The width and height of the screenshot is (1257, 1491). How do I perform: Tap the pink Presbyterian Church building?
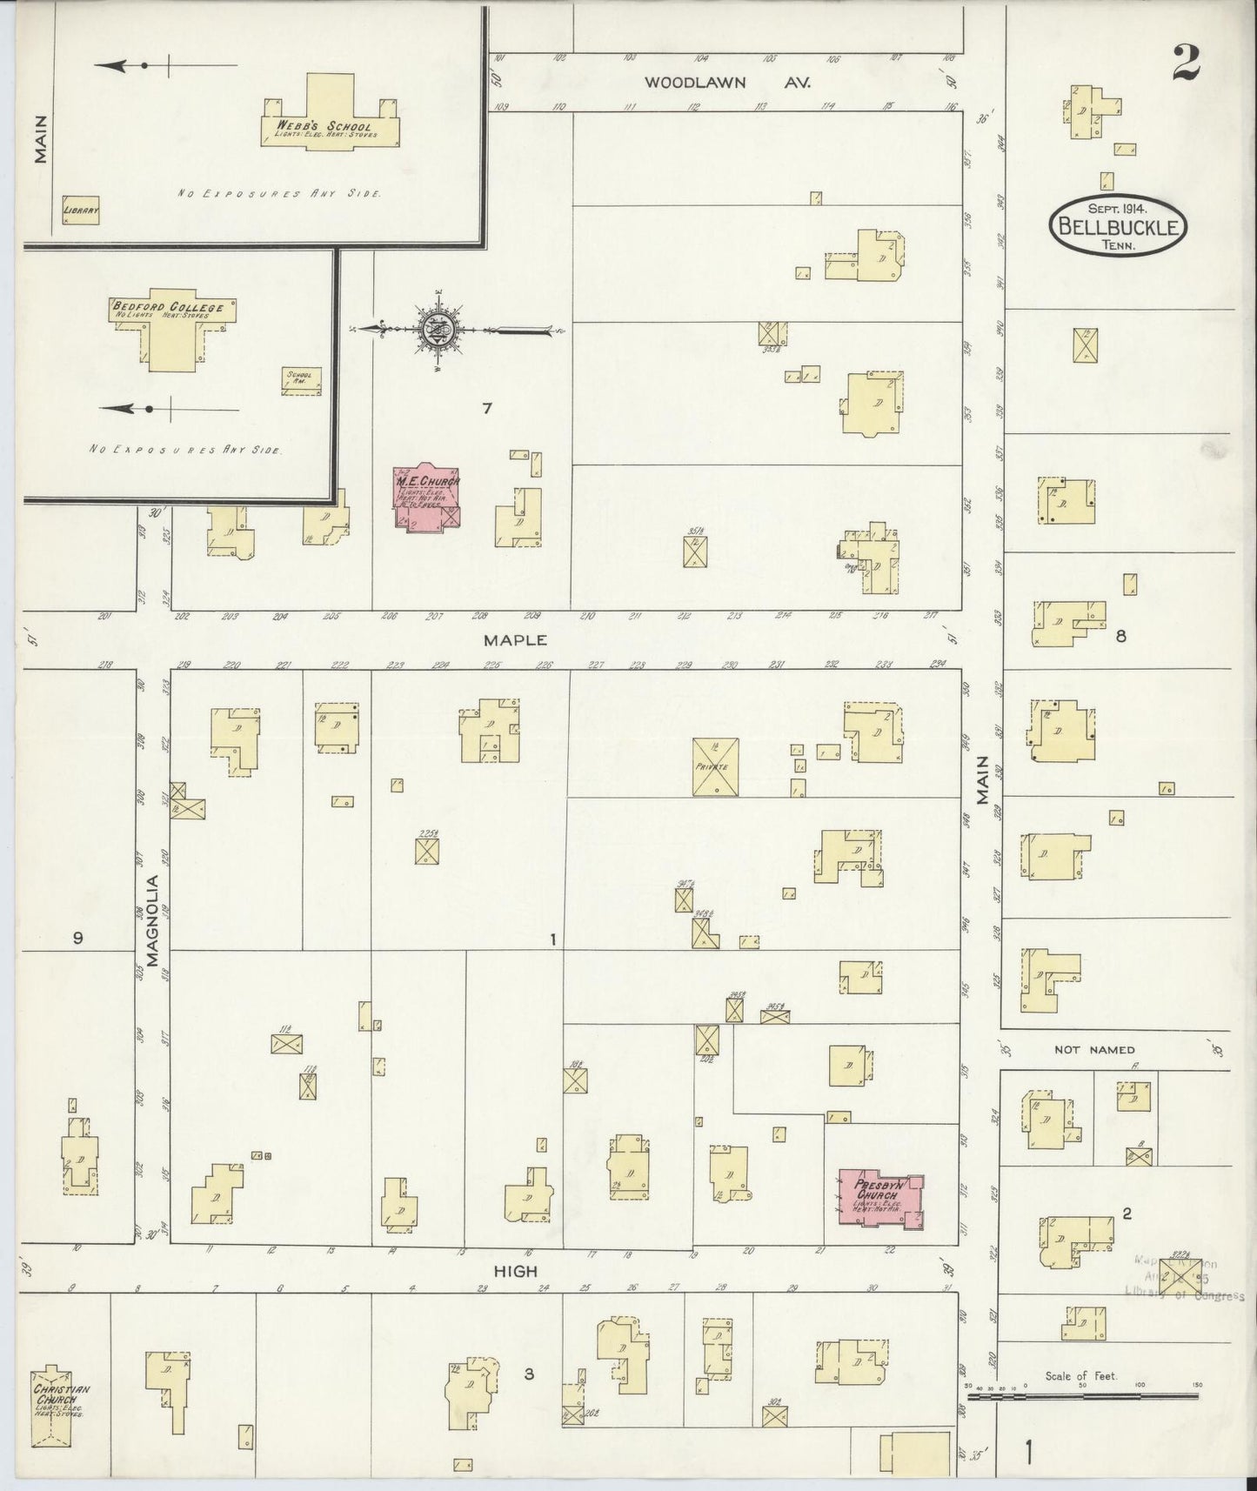879,1199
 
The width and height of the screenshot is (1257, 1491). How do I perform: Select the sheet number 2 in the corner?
1185,62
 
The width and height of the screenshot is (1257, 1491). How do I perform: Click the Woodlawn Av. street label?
727,83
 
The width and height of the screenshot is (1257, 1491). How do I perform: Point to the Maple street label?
516,639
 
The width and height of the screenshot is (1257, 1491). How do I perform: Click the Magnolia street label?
153,920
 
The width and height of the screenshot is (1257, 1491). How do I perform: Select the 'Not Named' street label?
1094,1050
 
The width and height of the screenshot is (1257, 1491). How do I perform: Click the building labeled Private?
716,766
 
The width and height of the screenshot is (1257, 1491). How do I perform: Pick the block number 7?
487,408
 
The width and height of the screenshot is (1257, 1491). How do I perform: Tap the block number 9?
77,938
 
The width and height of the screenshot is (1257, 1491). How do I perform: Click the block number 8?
1120,636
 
